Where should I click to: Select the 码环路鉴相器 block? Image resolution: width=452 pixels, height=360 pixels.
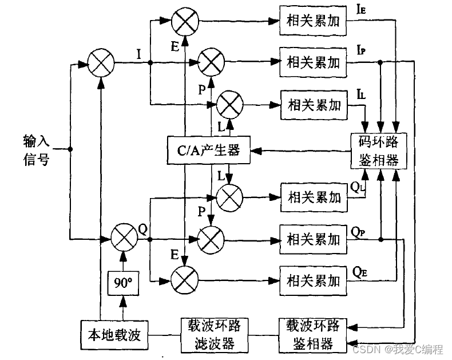click(x=379, y=151)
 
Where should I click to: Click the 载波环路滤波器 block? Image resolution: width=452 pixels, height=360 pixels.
click(x=210, y=335)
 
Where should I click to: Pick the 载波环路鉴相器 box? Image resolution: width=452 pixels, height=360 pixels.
click(x=312, y=335)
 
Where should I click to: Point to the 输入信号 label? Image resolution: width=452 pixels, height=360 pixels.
click(x=35, y=149)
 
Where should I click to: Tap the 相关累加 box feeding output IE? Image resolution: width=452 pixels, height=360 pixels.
click(x=313, y=21)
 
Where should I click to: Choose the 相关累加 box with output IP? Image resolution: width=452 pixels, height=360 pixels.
click(x=313, y=62)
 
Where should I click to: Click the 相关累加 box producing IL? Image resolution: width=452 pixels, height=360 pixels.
click(x=313, y=105)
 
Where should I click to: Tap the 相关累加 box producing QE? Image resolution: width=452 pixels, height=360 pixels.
click(x=313, y=280)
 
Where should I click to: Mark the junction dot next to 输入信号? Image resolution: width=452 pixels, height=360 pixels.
click(x=70, y=149)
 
